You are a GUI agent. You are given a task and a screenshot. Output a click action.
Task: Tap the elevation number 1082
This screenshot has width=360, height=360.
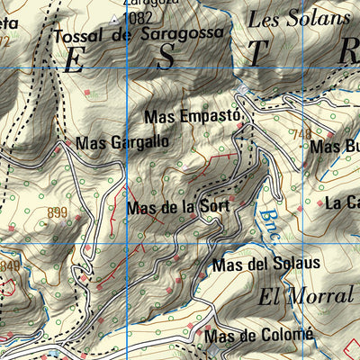138,17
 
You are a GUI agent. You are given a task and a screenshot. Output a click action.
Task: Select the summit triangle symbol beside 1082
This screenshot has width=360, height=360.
112,17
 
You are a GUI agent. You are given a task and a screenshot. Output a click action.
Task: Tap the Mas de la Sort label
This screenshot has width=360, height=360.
178,207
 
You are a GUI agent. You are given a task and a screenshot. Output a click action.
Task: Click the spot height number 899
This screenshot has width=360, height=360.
57,212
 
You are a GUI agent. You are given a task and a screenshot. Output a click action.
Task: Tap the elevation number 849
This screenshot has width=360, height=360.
9,267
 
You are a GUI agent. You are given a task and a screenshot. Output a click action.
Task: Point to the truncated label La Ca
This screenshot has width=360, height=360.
342,203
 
